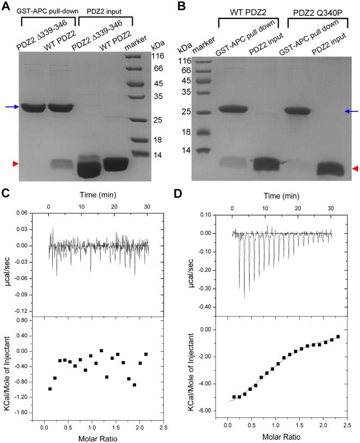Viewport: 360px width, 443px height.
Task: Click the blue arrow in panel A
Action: click(x=10, y=107)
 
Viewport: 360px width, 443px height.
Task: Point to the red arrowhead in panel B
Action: click(x=355, y=170)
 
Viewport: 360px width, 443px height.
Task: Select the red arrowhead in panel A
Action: click(x=6, y=163)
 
